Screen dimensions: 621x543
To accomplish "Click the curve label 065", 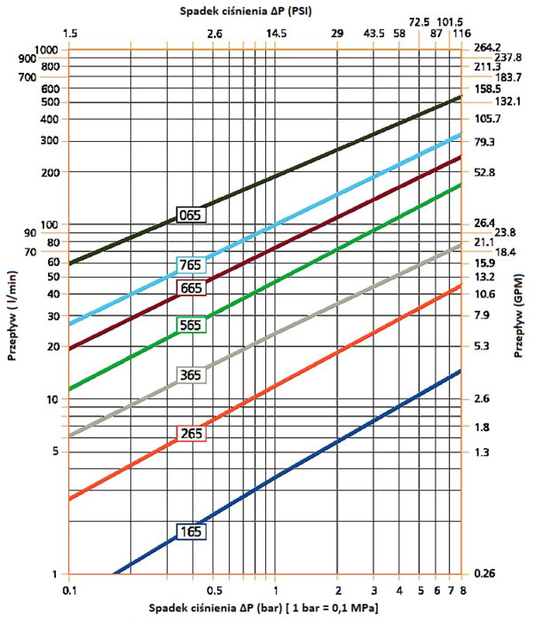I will (191, 215).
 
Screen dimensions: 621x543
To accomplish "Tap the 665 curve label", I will (191, 287).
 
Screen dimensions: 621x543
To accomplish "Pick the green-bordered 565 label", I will (191, 325).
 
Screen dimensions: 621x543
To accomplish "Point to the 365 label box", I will (191, 374).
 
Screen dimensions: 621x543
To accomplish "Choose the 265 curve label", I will (191, 434).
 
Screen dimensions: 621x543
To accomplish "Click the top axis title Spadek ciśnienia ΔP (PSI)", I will (264, 10).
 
